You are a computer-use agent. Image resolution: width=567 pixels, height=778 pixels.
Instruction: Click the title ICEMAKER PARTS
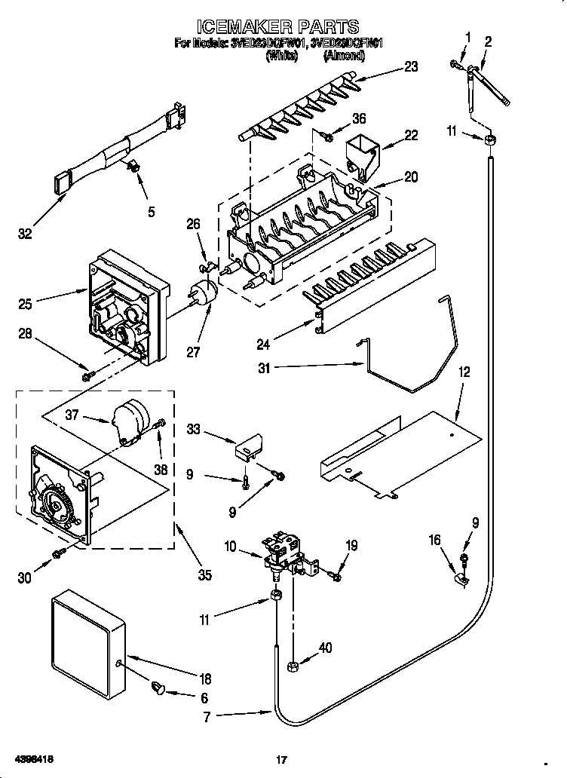(x=283, y=28)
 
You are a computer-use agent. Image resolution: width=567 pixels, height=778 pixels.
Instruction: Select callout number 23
(x=410, y=66)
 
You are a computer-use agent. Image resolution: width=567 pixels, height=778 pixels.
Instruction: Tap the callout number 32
(x=26, y=234)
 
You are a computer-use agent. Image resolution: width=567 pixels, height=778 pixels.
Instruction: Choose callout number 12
(x=464, y=372)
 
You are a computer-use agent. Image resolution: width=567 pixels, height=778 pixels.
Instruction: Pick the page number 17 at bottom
(x=283, y=761)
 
